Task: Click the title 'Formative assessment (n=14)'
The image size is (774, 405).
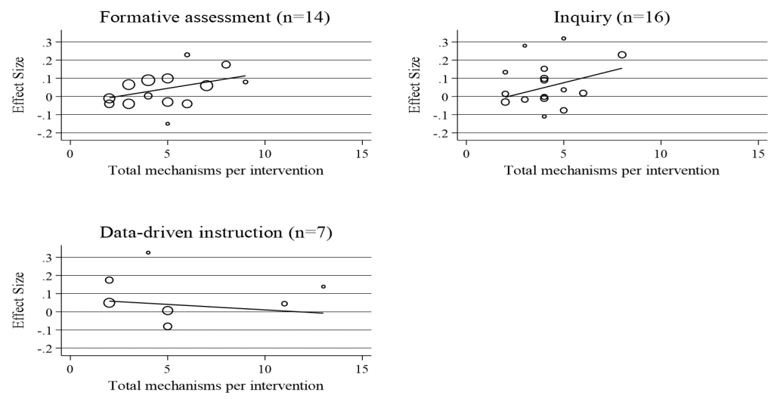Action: [x=215, y=17]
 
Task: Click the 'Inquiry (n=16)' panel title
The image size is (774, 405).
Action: [x=611, y=17]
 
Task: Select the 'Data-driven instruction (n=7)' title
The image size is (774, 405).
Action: [x=215, y=232]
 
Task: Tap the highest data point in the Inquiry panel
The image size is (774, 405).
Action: [x=563, y=39]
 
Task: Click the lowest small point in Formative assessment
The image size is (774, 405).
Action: [x=167, y=124]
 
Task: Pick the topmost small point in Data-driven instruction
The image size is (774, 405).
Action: [x=148, y=252]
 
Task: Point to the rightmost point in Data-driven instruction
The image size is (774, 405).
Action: [x=324, y=286]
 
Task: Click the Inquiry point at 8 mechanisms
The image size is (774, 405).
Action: [x=622, y=54]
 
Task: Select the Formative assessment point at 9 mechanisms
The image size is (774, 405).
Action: [x=246, y=82]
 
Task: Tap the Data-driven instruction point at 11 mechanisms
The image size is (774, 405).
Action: [x=284, y=304]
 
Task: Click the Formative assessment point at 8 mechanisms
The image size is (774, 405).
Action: [x=226, y=65]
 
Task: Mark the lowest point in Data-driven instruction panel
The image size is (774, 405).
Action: [x=167, y=326]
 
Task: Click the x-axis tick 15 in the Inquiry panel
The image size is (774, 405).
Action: [x=758, y=153]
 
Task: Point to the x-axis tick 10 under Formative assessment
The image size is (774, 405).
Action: [x=265, y=153]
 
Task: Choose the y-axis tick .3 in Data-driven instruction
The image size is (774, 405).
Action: [x=47, y=258]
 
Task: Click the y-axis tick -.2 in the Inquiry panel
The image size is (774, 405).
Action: [x=441, y=133]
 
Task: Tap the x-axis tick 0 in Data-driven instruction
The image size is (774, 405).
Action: [x=70, y=369]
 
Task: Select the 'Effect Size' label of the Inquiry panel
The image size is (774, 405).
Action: [x=415, y=85]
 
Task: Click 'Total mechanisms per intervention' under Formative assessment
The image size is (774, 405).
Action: [x=215, y=171]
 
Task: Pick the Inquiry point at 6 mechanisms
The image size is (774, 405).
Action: [x=583, y=93]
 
